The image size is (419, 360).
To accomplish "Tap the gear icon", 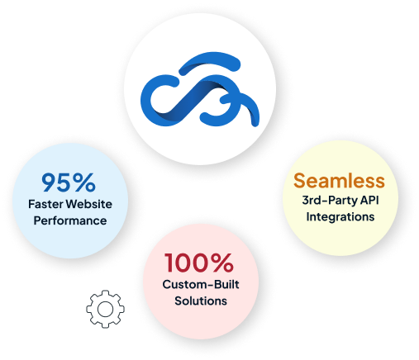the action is click(x=105, y=309).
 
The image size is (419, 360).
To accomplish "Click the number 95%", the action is click(x=69, y=182).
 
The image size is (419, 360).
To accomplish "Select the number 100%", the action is click(x=199, y=263).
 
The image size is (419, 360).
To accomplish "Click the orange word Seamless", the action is click(x=339, y=181).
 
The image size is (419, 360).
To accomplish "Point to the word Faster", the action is click(x=46, y=204).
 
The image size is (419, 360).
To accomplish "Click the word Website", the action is click(x=89, y=204).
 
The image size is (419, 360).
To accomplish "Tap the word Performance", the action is click(x=70, y=220).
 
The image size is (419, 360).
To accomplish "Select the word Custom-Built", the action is click(x=201, y=284).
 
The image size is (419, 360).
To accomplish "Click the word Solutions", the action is click(x=201, y=301).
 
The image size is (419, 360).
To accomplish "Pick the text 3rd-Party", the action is click(x=326, y=201).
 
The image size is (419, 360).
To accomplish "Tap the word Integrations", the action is click(x=340, y=217).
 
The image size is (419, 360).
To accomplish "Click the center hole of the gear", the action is click(x=105, y=309).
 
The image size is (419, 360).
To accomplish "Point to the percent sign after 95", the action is click(x=84, y=182).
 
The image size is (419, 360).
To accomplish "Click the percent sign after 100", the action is click(x=221, y=263).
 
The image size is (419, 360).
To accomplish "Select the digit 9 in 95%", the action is click(x=50, y=182).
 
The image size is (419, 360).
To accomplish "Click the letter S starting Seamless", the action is click(x=299, y=181).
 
